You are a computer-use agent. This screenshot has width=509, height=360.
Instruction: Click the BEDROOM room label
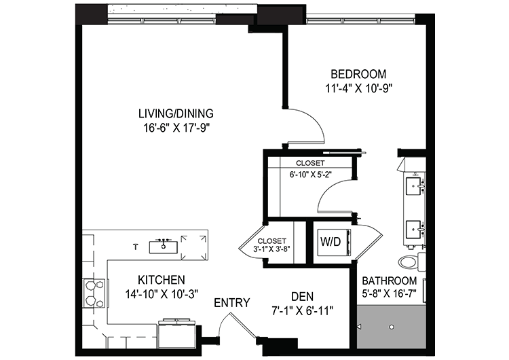pyautogui.click(x=358, y=74)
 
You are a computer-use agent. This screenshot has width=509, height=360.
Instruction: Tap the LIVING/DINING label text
pyautogui.click(x=176, y=113)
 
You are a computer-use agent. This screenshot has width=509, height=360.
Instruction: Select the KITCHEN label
pyautogui.click(x=162, y=280)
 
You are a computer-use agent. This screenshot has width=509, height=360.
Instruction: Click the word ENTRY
pyautogui.click(x=232, y=303)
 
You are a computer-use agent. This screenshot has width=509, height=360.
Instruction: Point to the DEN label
pyautogui.click(x=302, y=297)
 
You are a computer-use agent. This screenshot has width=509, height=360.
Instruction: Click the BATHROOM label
pyautogui.click(x=390, y=281)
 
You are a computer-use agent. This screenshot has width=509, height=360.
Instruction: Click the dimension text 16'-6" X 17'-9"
pyautogui.click(x=176, y=128)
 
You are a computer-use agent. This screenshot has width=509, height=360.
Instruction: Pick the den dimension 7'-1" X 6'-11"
pyautogui.click(x=302, y=311)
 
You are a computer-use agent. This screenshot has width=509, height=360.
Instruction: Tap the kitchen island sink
pyautogui.click(x=164, y=247)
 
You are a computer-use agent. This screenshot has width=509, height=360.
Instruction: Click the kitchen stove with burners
pyautogui.click(x=94, y=293)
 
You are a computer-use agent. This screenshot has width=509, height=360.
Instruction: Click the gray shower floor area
pyautogui.click(x=391, y=327)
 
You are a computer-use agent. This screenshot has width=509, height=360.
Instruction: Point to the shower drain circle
pyautogui.click(x=392, y=327)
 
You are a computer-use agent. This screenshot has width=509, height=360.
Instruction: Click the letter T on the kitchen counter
pyautogui.click(x=136, y=247)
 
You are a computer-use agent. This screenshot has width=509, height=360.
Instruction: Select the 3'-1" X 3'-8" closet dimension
pyautogui.click(x=271, y=249)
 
